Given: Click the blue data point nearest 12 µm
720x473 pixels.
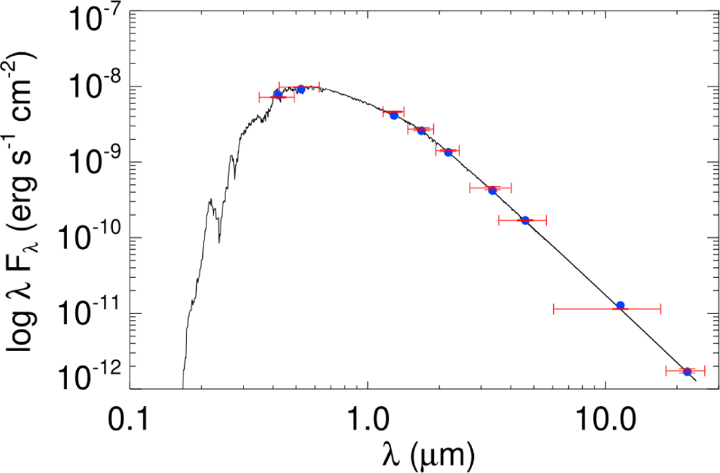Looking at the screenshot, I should coord(620,306).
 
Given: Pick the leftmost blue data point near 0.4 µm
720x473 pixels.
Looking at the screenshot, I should coord(278,95).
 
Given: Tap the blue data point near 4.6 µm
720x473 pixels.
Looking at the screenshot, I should coord(525,220).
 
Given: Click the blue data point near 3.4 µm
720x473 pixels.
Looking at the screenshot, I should coord(492,190).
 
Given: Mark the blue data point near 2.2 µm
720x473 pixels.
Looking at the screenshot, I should coord(448,152).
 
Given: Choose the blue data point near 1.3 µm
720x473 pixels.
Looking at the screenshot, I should coord(394,115).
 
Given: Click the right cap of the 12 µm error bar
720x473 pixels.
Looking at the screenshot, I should coord(661,309).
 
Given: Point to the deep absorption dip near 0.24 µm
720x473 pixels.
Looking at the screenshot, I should coord(220,242).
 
